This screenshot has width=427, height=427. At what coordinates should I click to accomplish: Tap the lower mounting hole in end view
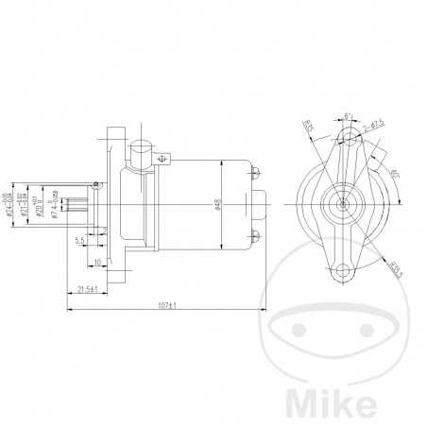pyautogui.click(x=343, y=275)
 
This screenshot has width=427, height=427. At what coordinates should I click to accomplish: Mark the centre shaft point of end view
pyautogui.click(x=344, y=202)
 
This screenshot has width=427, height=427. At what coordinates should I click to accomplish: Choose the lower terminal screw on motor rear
pyautogui.click(x=256, y=231)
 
